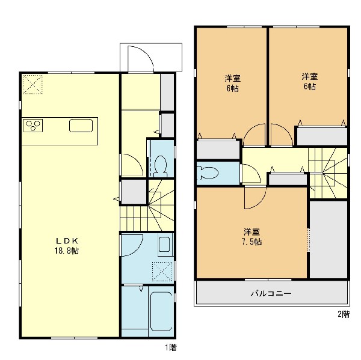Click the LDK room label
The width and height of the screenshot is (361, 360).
tap(67, 241)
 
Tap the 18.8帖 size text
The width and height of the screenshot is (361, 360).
tap(67, 251)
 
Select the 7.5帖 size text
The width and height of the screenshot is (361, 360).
tap(252, 242)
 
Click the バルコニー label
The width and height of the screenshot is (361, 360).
tap(271, 293)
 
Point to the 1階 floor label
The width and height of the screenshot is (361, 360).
tap(171, 347)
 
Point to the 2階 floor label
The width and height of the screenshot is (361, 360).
tap(344, 314)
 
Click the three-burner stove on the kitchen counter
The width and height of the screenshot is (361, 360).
tap(33, 125)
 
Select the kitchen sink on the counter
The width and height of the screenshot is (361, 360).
tap(81, 126)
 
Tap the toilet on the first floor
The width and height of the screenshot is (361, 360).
tap(161, 166)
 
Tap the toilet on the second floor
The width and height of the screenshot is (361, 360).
tap(208, 172)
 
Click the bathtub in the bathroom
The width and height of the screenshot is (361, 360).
tap(161, 311)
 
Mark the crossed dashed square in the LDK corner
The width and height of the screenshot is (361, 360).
tap(32, 84)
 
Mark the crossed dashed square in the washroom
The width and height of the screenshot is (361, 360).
tap(162, 272)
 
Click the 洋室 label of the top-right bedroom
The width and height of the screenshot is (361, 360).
tap(310, 76)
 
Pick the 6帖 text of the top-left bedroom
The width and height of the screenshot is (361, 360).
tap(232, 88)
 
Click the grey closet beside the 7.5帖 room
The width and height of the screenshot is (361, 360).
tap(329, 240)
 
